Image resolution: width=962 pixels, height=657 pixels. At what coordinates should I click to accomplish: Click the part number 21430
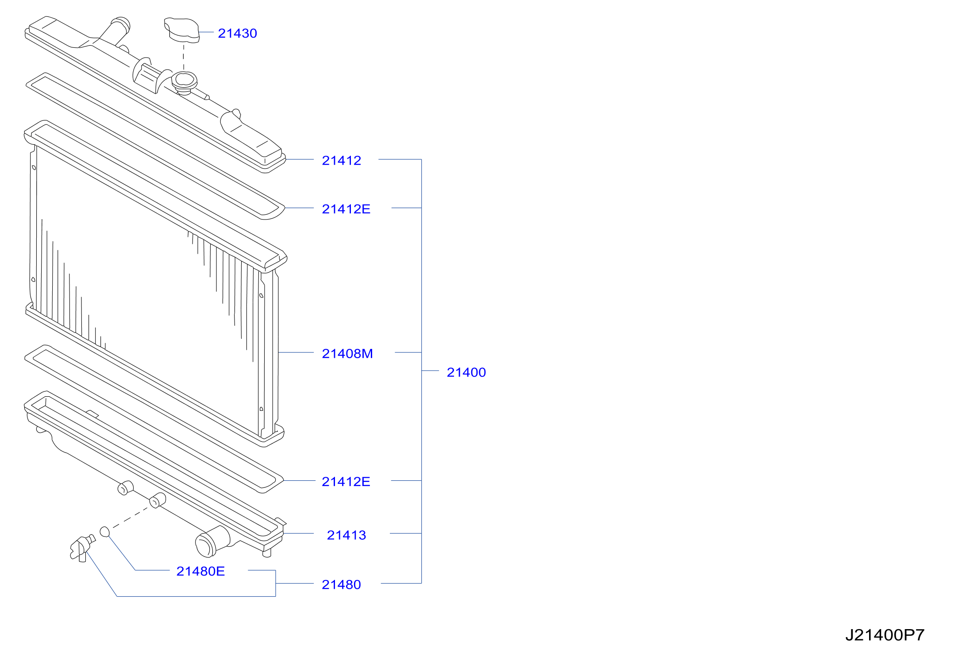point(237,33)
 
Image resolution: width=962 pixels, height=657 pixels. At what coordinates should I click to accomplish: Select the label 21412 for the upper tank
point(341,160)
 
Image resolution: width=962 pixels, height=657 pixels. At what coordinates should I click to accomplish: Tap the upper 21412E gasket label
point(346,209)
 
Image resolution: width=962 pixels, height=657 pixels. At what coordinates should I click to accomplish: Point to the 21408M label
point(347,354)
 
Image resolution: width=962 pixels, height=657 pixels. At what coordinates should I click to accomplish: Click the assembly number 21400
point(466,372)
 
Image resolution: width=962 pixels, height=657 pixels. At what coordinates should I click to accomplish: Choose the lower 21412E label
point(346,482)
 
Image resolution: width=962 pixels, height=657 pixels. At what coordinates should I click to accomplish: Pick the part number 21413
point(346,535)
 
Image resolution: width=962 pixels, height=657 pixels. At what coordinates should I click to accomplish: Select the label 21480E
point(200,572)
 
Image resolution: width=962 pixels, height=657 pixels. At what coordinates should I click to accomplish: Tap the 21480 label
point(341,585)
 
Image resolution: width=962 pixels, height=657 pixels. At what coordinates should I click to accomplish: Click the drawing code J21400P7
point(885,635)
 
